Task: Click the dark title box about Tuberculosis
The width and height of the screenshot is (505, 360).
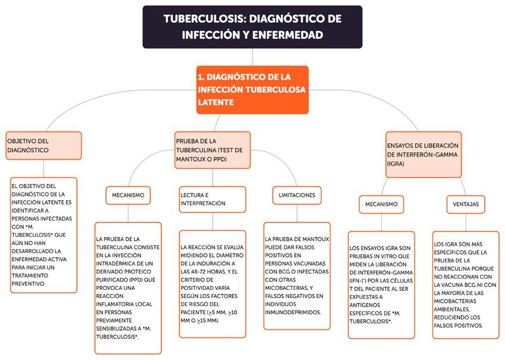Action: pos(252,27)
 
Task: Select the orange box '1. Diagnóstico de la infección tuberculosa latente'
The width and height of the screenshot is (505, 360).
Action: pos(253,89)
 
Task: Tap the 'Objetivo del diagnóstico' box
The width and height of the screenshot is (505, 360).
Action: pos(43,145)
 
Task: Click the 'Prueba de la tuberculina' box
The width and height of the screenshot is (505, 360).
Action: pos(213,150)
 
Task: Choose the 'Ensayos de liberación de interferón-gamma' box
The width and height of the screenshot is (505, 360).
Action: pos(423,154)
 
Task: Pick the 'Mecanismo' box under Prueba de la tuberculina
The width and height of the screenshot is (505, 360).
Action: pos(128,195)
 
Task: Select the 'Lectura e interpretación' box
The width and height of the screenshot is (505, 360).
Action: pos(212,199)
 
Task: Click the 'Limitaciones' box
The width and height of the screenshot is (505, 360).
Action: pos(297,195)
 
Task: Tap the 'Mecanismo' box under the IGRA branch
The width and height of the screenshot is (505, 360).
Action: pos(381,204)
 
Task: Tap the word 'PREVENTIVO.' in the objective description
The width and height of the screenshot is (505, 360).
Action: pos(29,284)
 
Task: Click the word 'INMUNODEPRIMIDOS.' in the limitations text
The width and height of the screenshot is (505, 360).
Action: pos(293,312)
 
